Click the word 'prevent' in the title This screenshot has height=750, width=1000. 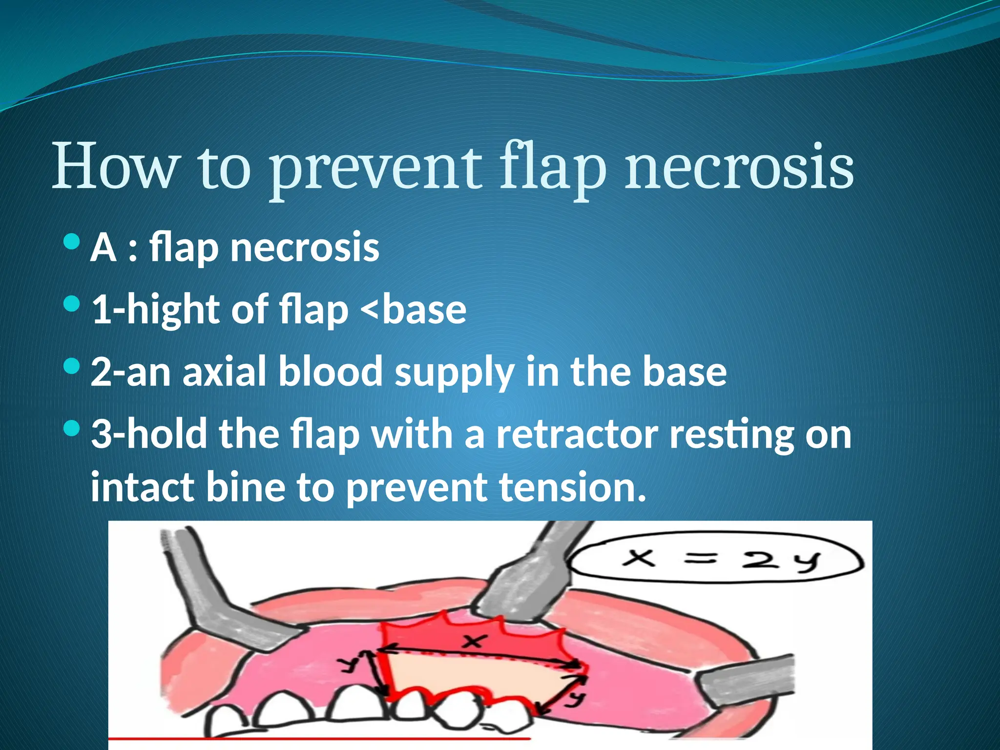pos(376,168)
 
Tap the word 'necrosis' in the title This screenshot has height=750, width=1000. pos(740,168)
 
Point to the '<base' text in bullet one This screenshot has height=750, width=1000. pos(413,310)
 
